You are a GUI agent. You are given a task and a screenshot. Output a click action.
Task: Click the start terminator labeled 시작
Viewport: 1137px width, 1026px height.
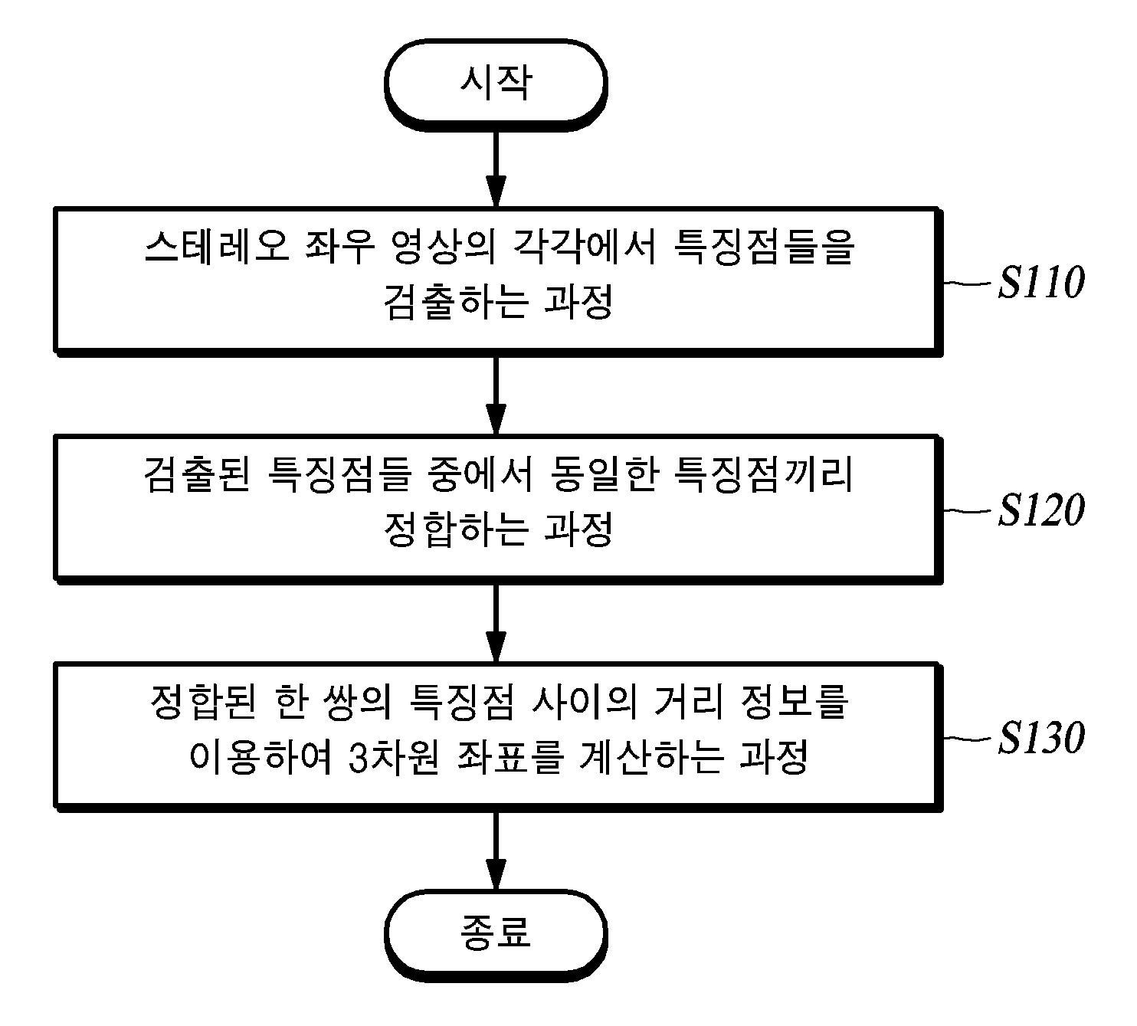point(496,81)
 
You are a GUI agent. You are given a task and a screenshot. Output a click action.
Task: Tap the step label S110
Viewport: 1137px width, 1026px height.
point(1040,283)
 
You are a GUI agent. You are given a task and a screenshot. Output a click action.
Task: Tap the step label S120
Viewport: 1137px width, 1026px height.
point(1040,510)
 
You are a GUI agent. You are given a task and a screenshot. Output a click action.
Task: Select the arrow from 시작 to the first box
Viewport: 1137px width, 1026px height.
point(496,164)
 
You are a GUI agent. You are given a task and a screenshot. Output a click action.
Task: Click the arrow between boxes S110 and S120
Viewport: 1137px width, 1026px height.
point(496,394)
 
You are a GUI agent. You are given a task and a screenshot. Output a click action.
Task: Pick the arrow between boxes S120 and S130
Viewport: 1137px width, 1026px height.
point(496,621)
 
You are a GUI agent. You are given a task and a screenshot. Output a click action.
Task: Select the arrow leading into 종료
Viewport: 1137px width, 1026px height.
point(496,849)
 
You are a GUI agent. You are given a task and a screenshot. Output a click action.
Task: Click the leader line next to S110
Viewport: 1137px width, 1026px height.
point(967,283)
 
